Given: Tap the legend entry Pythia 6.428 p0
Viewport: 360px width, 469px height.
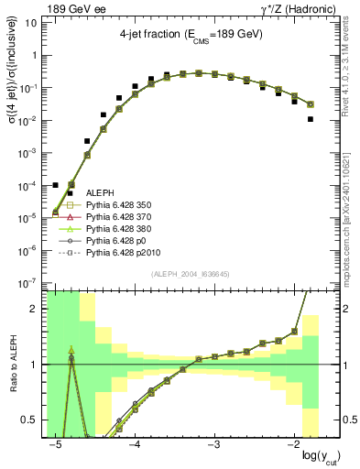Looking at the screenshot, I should [114, 244].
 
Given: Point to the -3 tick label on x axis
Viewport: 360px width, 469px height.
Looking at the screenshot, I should [213, 443].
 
